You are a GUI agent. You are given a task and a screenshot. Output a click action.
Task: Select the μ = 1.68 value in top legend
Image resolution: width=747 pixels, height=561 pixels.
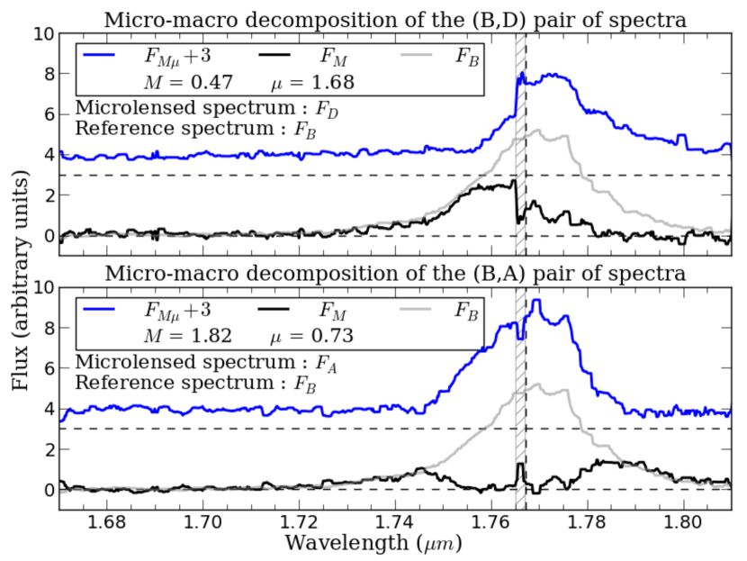[312, 82]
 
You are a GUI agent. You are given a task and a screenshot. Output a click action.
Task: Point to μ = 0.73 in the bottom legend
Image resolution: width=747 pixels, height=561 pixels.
[312, 336]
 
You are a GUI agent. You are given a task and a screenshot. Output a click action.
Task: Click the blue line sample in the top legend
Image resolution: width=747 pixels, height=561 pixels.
[106, 56]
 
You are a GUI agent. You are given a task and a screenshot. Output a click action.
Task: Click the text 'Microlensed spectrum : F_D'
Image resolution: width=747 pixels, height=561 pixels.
[210, 107]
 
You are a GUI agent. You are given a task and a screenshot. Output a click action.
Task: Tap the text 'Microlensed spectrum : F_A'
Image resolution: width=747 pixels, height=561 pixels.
[210, 361]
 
